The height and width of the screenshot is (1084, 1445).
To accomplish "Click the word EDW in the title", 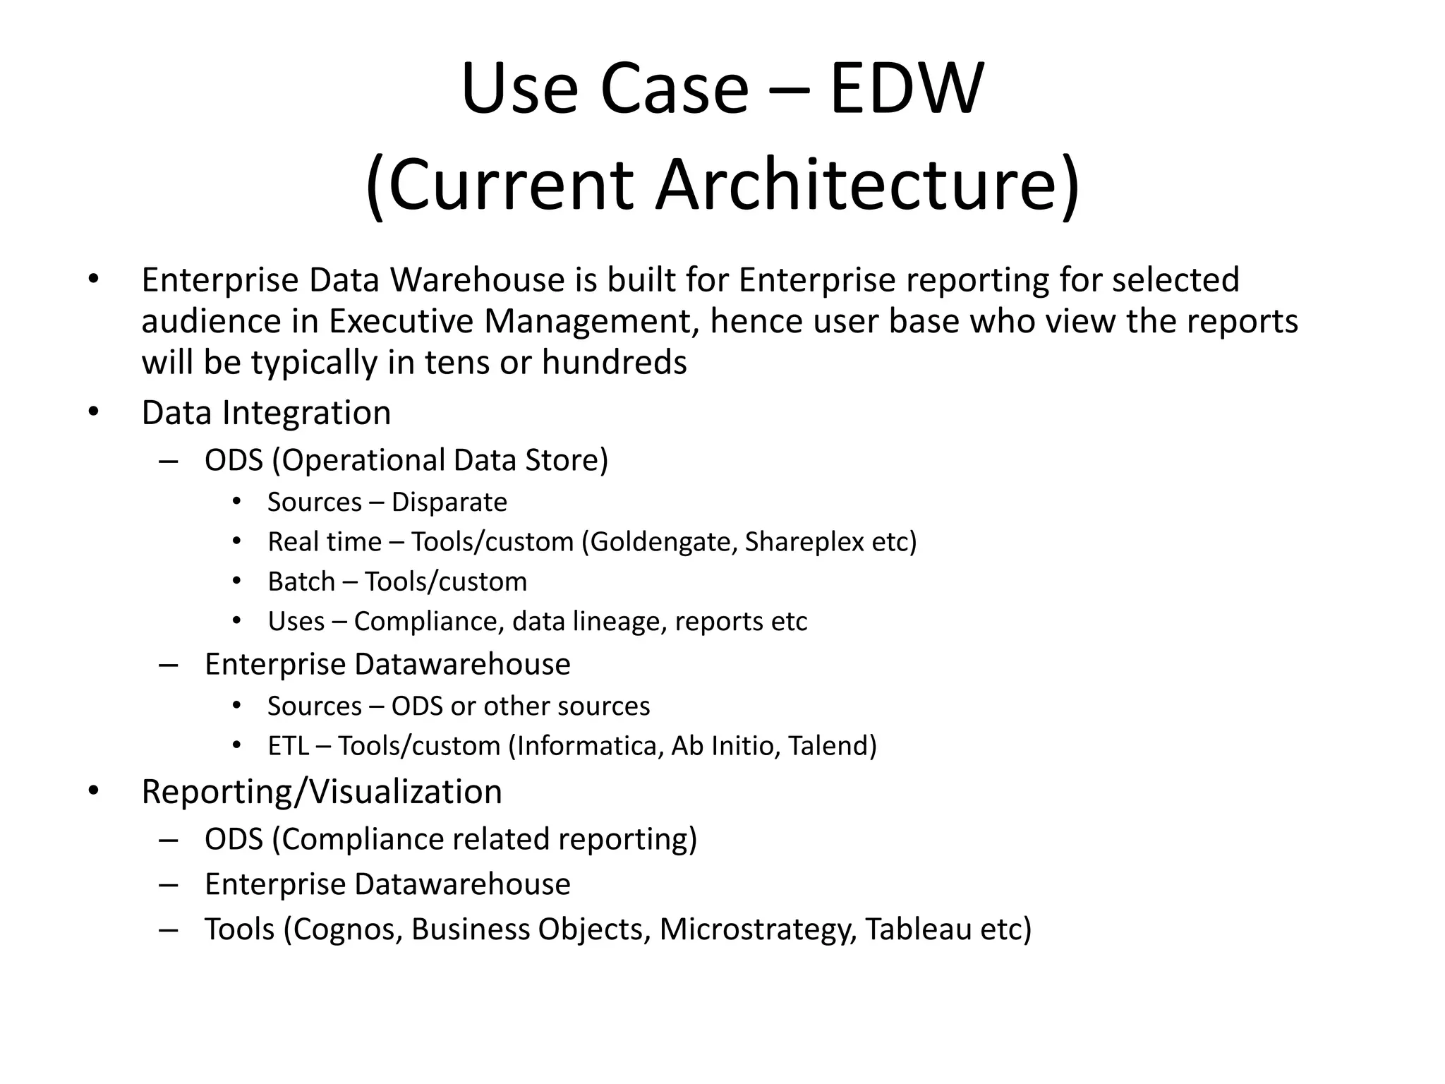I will [x=906, y=90].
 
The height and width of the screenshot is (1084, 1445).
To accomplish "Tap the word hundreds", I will [x=614, y=363].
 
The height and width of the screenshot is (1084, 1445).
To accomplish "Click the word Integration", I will [x=306, y=413].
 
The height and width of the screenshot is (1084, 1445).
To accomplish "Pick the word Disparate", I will [x=449, y=502].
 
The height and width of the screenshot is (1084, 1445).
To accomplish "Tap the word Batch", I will [x=301, y=582].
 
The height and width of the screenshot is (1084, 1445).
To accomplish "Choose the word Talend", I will [x=832, y=746].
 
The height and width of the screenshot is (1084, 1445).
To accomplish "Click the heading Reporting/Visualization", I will [x=322, y=792].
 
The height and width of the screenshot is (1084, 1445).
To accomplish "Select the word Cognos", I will [x=348, y=929].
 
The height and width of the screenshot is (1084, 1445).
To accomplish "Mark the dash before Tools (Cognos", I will [x=168, y=929].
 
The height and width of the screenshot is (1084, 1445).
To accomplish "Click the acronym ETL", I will [x=288, y=746].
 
